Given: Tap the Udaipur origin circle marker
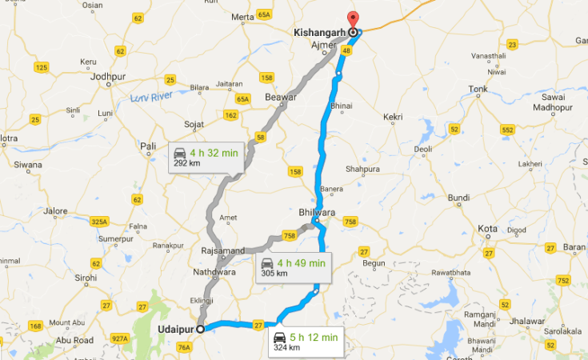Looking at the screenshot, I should [199, 328].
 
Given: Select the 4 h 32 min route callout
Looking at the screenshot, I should [204, 157].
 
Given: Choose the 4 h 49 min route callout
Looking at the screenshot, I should [293, 267].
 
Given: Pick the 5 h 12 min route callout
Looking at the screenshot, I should [307, 341].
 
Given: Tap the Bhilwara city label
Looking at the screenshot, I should [314, 213].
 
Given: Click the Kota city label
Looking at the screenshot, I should [488, 229].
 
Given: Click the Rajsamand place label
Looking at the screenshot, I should [223, 250].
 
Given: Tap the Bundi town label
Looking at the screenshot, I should [458, 197].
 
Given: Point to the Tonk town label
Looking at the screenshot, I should [478, 89].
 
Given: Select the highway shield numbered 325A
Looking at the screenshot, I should [99, 221].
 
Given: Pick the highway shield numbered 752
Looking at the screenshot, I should [563, 280].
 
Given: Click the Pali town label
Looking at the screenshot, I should [147, 146].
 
